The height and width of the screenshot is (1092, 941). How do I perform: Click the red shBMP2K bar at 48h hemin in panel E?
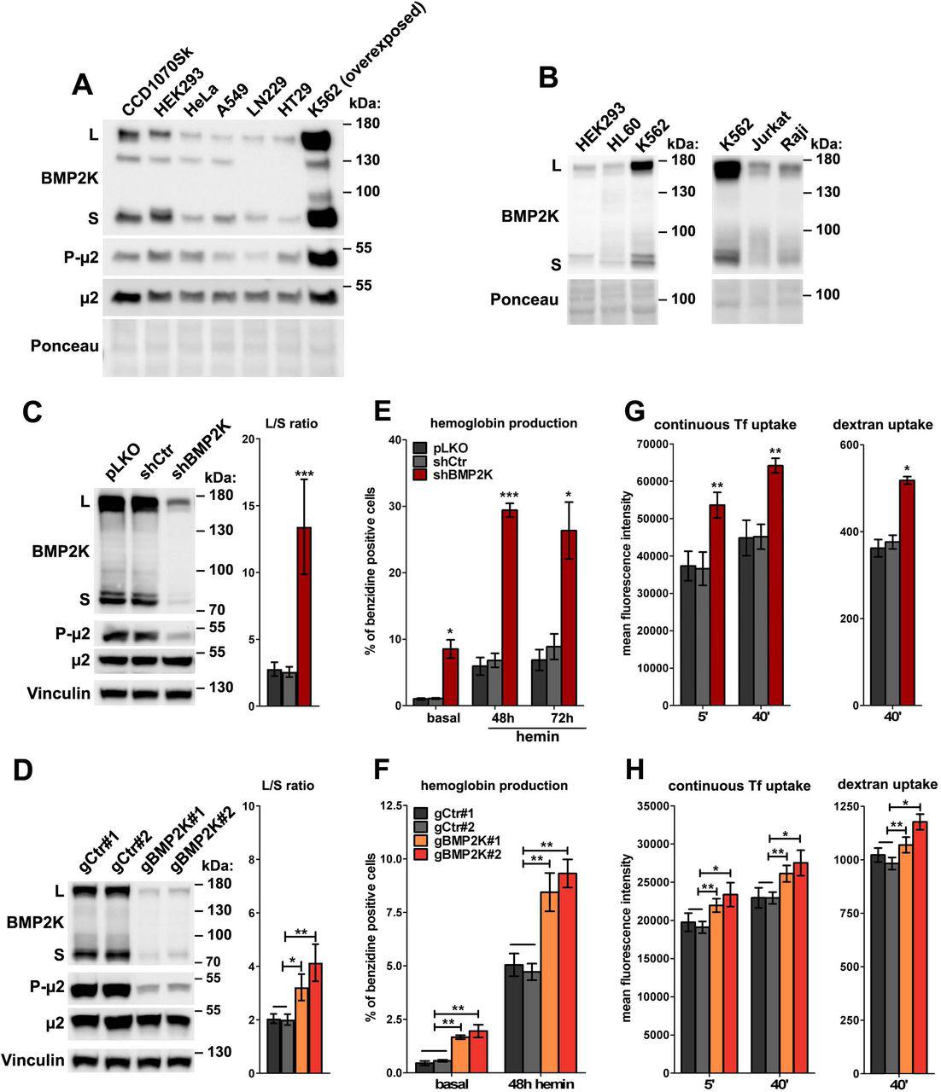click(x=511, y=607)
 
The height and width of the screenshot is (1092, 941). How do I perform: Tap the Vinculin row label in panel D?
click(x=32, y=1060)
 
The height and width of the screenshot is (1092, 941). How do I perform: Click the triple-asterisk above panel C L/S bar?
click(x=304, y=473)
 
